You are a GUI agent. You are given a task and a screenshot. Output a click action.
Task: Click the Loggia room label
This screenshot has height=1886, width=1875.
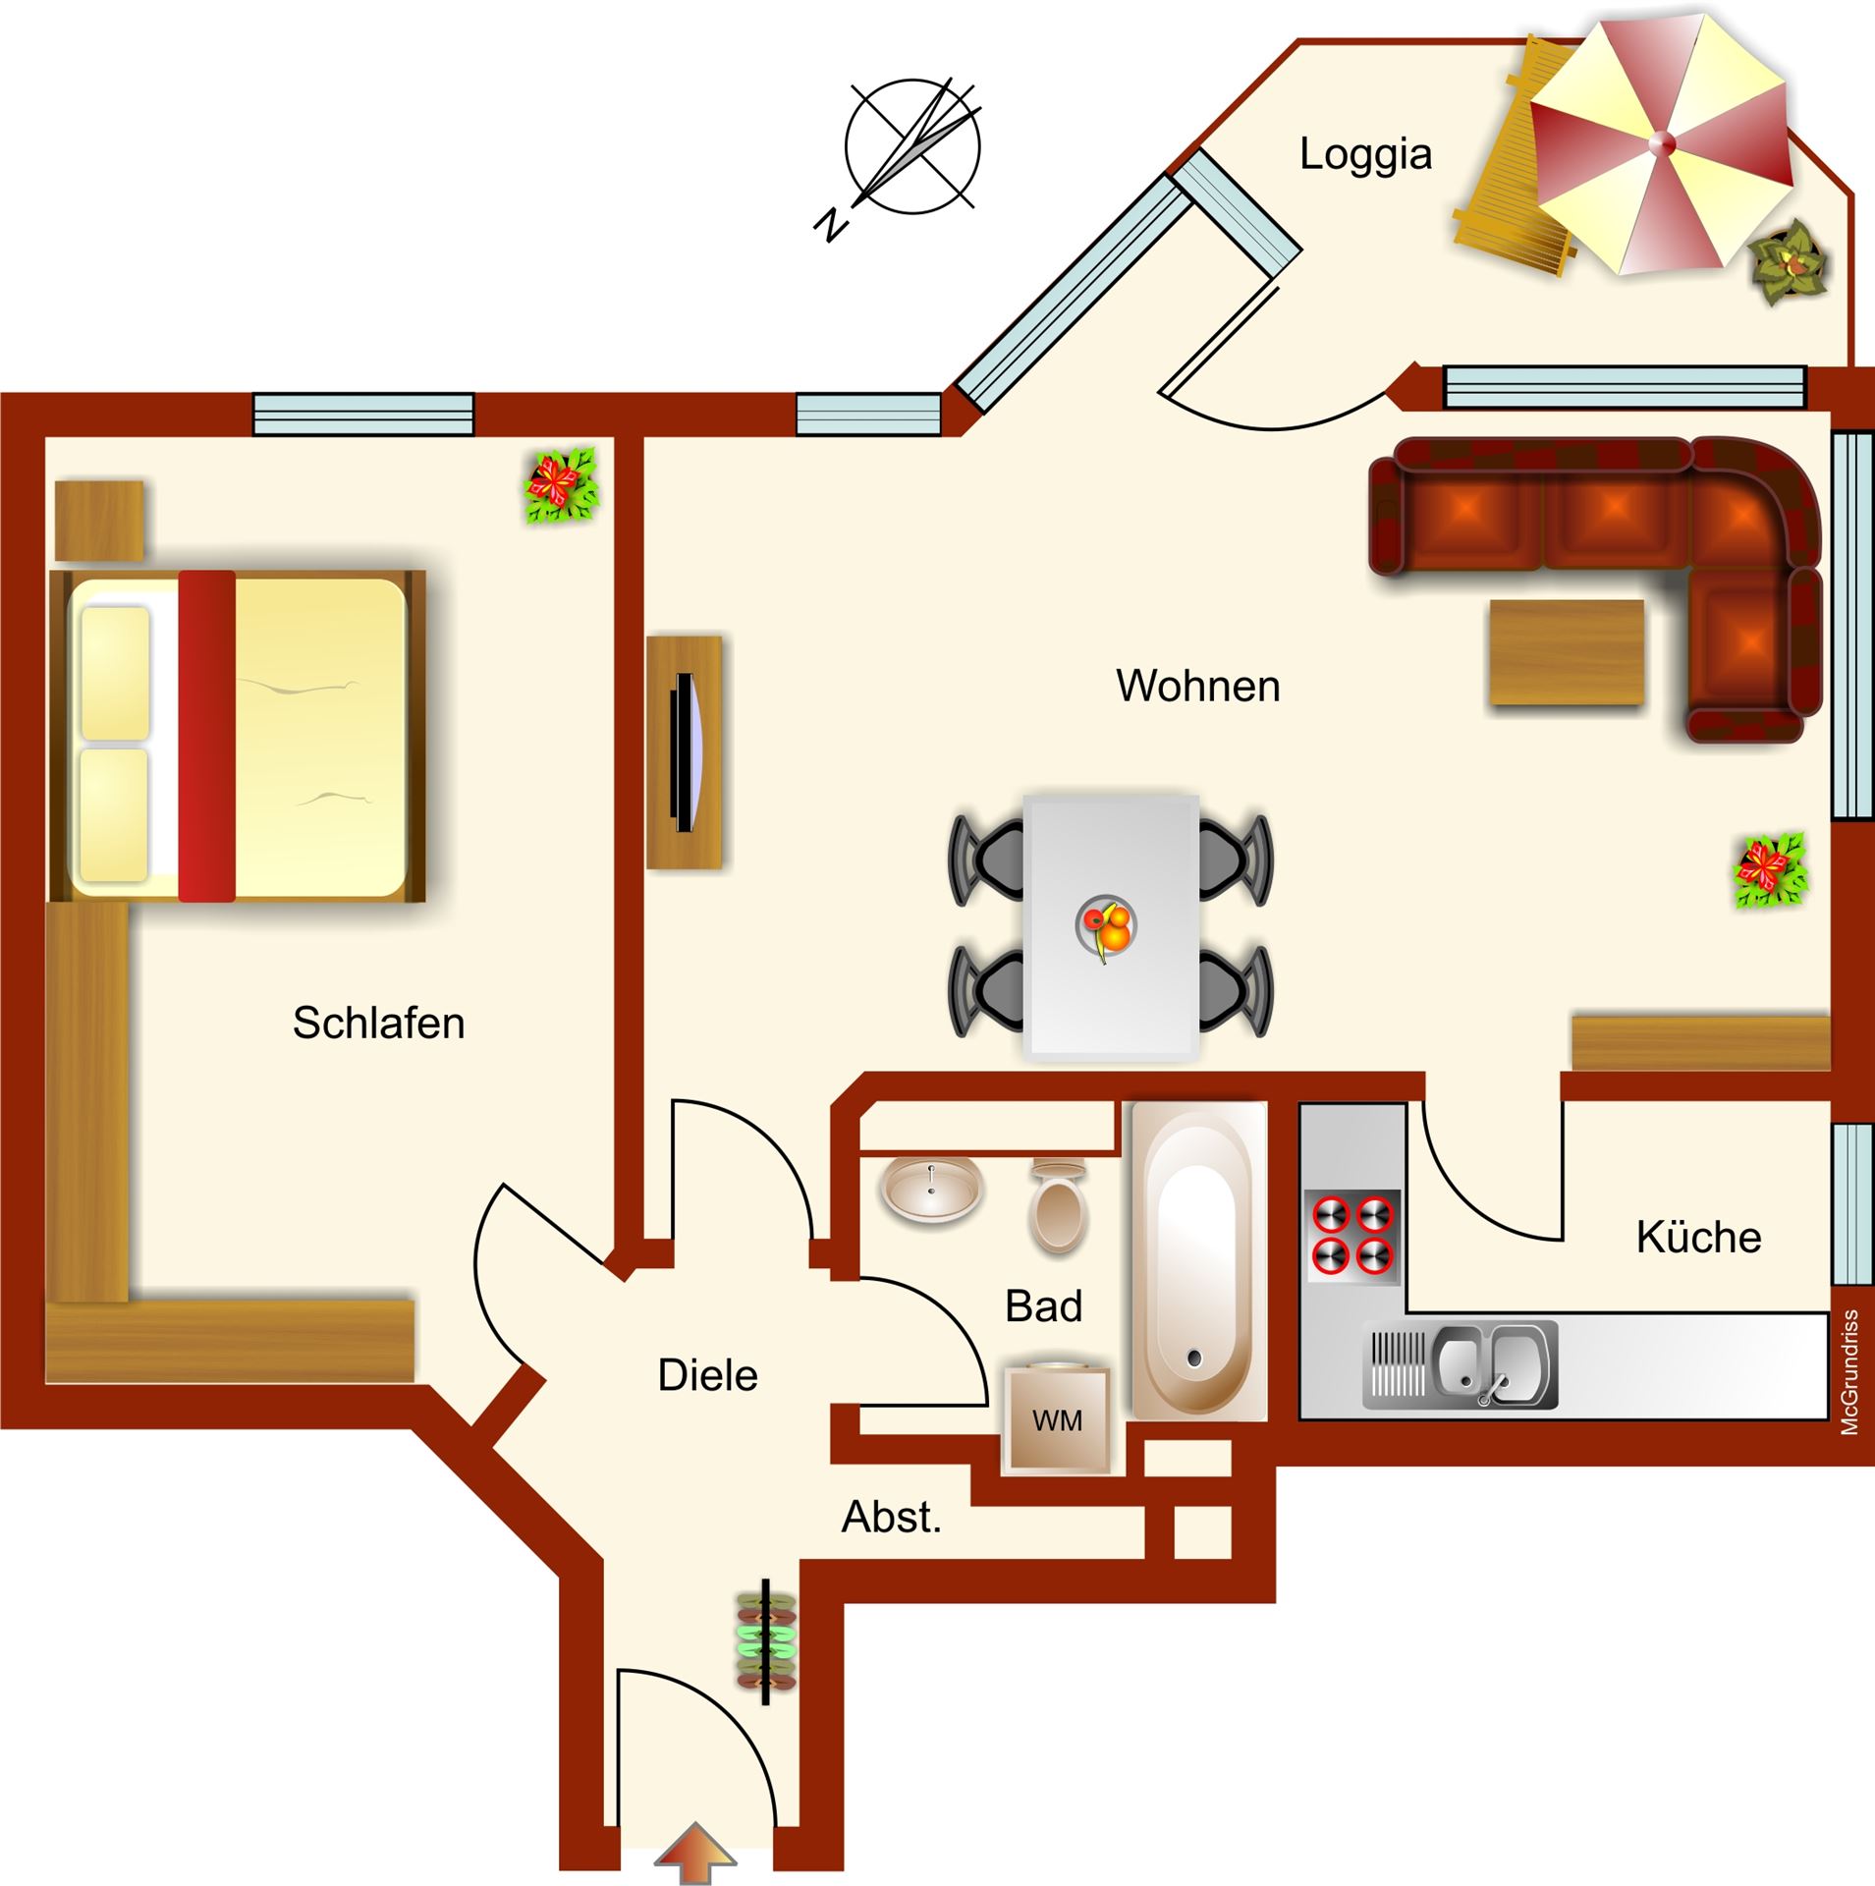1365,155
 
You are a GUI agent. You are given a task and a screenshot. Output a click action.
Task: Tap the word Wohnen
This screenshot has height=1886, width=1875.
1198,686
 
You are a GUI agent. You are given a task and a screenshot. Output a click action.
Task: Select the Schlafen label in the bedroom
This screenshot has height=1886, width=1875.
378,1023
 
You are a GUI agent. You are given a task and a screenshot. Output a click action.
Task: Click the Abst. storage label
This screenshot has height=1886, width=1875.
892,1518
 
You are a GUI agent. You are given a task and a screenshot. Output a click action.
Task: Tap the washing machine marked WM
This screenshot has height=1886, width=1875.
1058,1418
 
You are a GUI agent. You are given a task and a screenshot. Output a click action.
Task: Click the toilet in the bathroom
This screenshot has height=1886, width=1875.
1058,1204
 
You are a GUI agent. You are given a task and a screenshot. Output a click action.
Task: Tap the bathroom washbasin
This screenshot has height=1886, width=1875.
931,1189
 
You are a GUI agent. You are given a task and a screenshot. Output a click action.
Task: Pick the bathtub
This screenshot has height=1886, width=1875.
1198,1260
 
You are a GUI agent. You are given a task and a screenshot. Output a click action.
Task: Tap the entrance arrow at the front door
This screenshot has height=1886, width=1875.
695,1853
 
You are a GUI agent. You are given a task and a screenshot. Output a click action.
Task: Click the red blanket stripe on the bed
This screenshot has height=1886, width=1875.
206,736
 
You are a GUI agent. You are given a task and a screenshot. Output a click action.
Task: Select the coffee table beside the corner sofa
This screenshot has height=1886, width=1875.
1567,652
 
